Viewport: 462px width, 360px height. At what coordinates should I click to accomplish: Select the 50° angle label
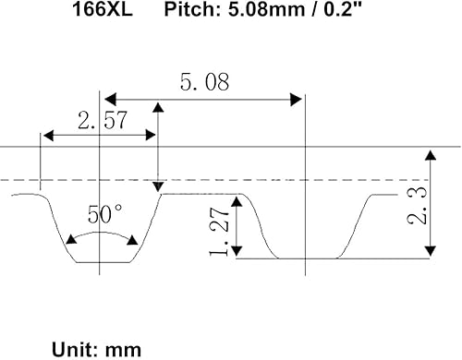click(105, 214)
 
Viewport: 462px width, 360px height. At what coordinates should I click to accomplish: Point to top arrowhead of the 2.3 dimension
click(428, 153)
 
